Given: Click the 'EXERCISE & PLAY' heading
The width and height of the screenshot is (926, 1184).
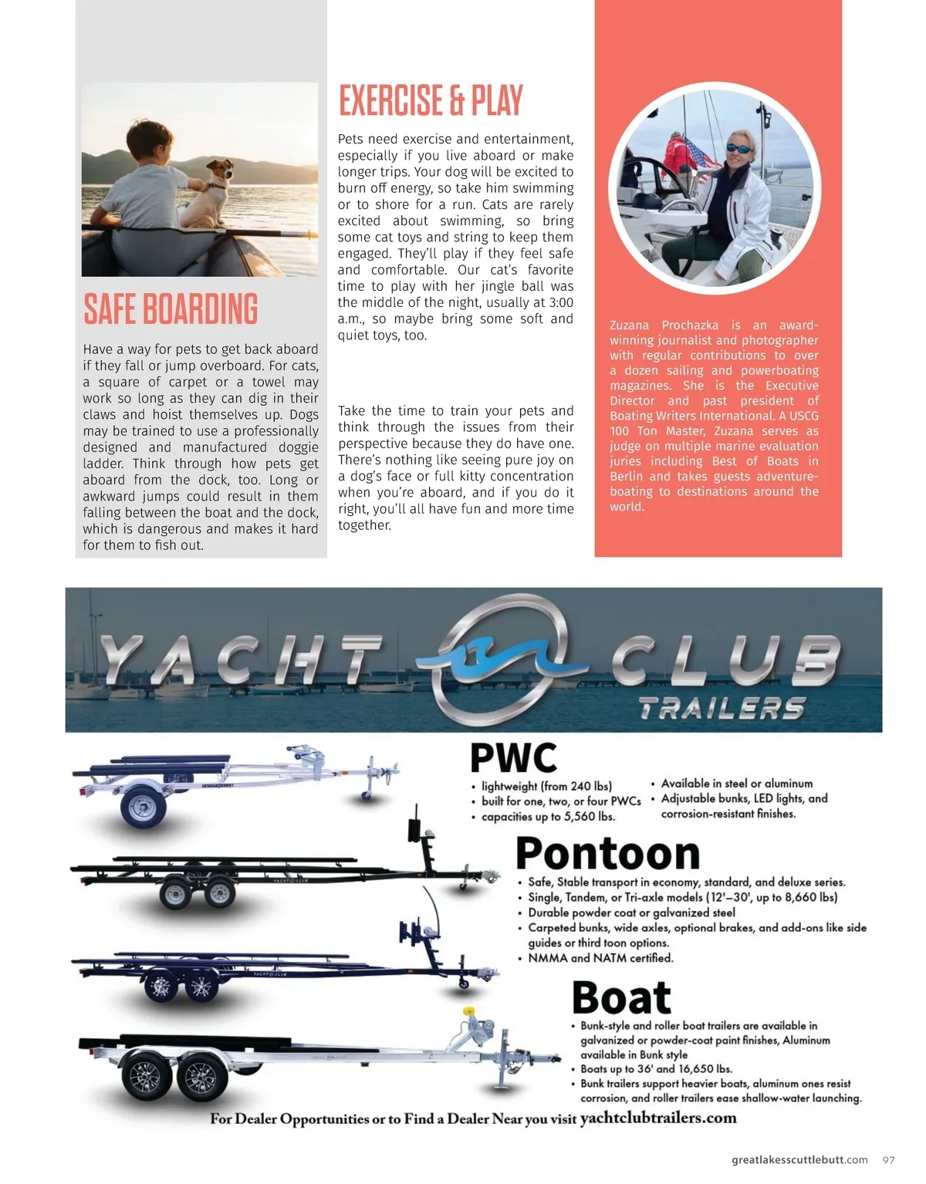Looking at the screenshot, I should click(x=431, y=101).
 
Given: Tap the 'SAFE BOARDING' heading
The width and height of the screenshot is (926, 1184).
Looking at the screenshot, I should click(x=171, y=309).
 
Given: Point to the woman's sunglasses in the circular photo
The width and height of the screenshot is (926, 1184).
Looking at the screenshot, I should click(x=738, y=148).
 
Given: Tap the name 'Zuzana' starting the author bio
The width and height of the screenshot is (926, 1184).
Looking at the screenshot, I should click(x=629, y=326).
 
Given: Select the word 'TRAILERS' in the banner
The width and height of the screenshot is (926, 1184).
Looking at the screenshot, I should click(x=722, y=708).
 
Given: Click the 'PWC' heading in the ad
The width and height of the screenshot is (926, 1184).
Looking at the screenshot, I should click(x=513, y=758).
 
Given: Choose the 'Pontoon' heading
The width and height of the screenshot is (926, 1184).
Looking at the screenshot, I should click(x=607, y=854).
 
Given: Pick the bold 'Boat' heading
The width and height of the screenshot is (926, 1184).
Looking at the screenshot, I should click(x=621, y=997).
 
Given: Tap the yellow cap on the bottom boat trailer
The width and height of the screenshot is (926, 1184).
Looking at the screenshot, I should click(x=467, y=1012).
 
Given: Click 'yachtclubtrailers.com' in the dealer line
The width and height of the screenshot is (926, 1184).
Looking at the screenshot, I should click(x=658, y=1118).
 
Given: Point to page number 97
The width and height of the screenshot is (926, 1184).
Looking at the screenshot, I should click(x=889, y=1160).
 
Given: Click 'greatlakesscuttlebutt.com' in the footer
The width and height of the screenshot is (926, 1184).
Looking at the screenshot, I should click(x=799, y=1160).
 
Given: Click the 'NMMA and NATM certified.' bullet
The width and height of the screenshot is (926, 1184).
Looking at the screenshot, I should click(x=600, y=958).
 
